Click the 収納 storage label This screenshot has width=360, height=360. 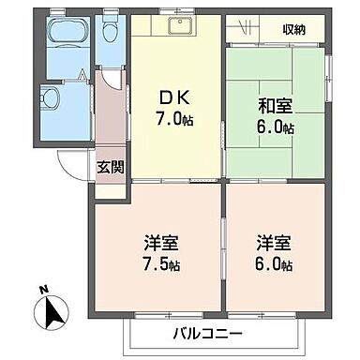point(296,30)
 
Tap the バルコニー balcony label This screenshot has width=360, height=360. point(207,333)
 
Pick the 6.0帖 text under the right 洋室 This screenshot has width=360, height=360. point(274,265)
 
